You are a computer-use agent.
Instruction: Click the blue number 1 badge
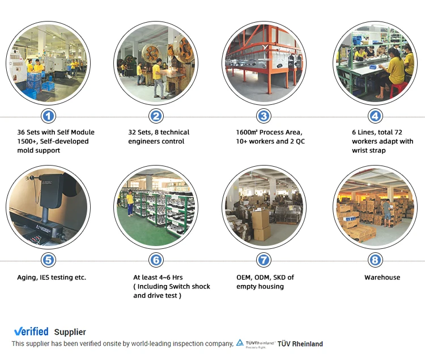point(49,116)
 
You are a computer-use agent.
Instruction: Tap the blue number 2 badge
point(156,116)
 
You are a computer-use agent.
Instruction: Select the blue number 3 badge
point(263,116)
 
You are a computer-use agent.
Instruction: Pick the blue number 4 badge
point(375,116)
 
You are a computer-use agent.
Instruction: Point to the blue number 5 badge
point(49,260)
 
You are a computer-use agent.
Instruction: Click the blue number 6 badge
point(156,260)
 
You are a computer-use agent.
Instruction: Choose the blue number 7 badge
point(263,260)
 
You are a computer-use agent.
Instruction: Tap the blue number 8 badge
point(375,260)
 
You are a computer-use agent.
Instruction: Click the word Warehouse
point(382,277)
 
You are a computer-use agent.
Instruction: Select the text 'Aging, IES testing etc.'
point(52,277)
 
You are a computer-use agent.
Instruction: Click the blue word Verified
point(31,332)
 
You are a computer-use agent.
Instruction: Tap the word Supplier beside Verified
point(70,332)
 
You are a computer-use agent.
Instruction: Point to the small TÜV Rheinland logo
point(255,344)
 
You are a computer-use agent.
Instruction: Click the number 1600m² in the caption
point(249,132)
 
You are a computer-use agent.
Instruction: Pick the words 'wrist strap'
point(368,150)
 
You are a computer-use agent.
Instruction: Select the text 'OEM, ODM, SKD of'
point(265,277)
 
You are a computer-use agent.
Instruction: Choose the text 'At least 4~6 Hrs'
point(158,277)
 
